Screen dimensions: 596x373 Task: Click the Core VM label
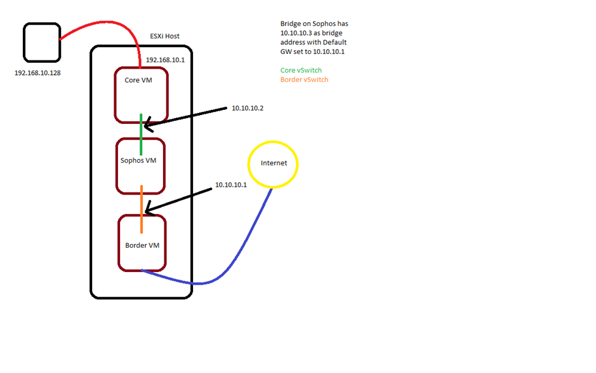coord(138,80)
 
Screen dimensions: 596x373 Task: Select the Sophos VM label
coord(138,161)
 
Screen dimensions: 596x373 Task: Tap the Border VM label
coord(142,245)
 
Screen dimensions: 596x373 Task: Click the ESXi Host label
coord(164,36)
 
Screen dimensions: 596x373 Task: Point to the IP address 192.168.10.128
coord(37,73)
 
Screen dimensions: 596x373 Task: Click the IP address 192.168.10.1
coord(166,60)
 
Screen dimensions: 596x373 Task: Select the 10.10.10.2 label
coord(248,108)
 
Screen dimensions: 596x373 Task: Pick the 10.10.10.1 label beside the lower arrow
coord(231,185)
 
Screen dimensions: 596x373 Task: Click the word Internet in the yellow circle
coord(274,163)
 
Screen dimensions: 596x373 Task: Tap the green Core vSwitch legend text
coord(301,71)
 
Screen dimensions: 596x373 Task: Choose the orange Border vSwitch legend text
coord(305,79)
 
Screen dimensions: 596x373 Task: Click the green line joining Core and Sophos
coord(141,134)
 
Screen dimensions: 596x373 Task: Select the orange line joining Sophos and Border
coord(142,209)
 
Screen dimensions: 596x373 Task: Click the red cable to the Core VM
coord(107,23)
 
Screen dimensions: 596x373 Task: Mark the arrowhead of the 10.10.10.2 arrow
coord(145,125)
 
